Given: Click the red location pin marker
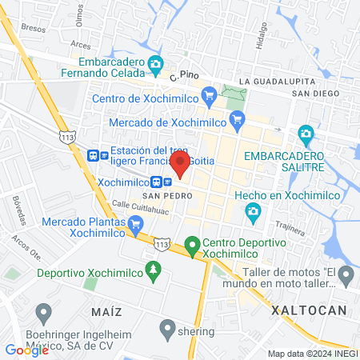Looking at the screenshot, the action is tap(181, 164).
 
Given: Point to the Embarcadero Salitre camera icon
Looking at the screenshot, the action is tap(306, 133).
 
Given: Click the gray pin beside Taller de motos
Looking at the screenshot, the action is tap(346, 278).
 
